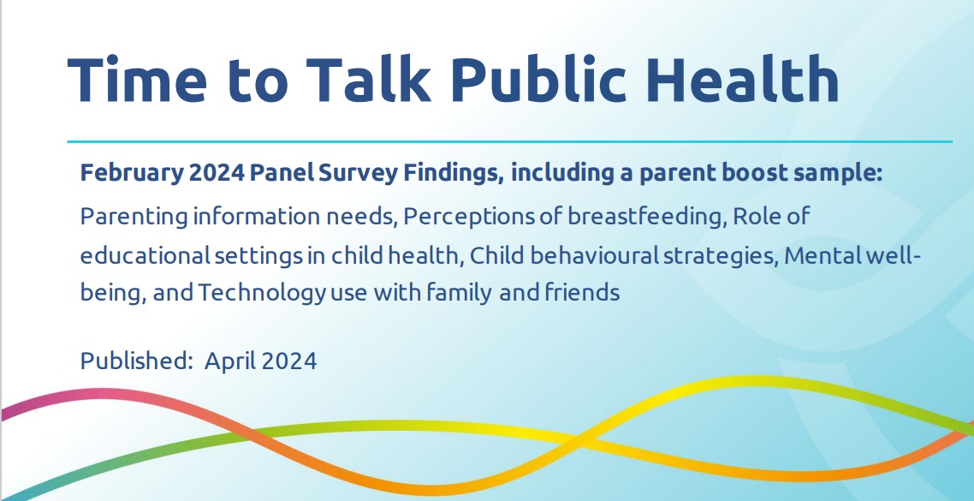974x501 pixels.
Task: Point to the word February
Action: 132,174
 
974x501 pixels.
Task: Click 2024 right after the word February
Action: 217,173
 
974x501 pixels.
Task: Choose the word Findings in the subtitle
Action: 454,174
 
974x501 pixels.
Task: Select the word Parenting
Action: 134,218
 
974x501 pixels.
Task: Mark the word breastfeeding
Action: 647,217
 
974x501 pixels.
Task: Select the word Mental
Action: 823,255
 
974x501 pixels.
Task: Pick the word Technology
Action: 262,293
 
